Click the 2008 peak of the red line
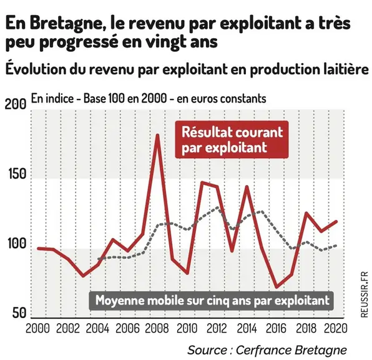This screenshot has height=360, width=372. point(157,136)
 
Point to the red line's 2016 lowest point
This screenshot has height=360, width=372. point(277,287)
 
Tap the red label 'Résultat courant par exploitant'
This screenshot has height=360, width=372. point(232,140)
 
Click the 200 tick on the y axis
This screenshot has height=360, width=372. point(16,104)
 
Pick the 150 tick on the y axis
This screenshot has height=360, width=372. point(17,174)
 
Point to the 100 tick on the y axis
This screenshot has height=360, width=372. point(17,243)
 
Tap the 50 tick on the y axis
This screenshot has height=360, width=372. point(19,313)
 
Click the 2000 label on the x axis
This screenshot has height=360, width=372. point(37,329)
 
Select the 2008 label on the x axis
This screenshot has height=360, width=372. point(157,329)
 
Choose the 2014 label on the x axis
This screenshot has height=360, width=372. point(247,329)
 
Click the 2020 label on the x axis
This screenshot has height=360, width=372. point(336,329)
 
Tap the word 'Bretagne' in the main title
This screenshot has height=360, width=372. point(66,24)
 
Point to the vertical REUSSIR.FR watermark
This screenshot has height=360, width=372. point(364,294)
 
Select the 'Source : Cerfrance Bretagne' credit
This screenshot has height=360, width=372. point(267,350)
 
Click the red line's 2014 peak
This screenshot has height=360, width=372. point(247,187)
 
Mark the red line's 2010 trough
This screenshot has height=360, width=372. point(187,273)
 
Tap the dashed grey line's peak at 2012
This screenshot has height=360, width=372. point(217,207)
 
